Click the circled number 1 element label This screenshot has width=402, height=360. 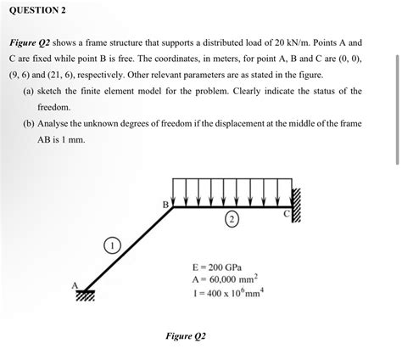[111, 246]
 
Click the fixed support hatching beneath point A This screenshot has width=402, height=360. [85, 297]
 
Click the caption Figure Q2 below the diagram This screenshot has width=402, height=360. [186, 335]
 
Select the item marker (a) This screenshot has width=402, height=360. [29, 90]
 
